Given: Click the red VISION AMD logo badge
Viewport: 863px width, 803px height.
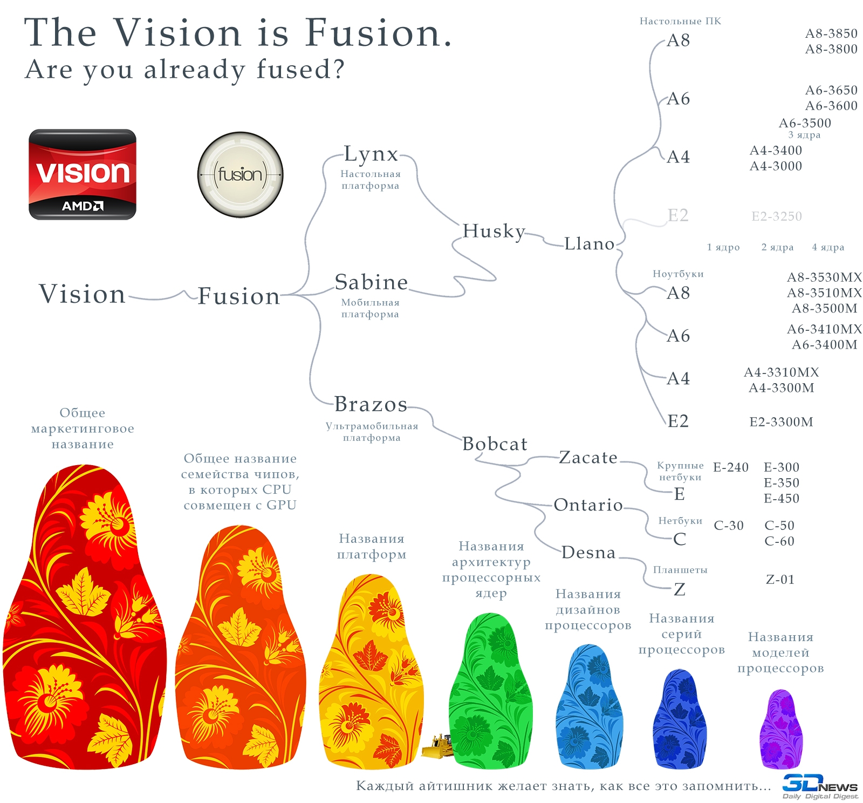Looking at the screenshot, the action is pyautogui.click(x=83, y=174).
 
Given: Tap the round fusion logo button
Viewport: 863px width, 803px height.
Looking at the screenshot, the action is pyautogui.click(x=241, y=175).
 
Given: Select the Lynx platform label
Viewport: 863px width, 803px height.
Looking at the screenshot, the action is pyautogui.click(x=371, y=154).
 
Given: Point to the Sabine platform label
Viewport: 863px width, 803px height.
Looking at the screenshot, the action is pyautogui.click(x=371, y=282).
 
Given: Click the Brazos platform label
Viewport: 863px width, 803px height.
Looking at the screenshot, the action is pyautogui.click(x=371, y=404).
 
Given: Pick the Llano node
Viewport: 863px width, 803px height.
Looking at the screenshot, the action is pyautogui.click(x=590, y=244).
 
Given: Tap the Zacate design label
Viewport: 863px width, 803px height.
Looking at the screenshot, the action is pyautogui.click(x=588, y=458).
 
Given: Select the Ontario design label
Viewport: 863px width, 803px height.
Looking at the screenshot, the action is pyautogui.click(x=588, y=505).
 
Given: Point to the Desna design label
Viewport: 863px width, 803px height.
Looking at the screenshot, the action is pyautogui.click(x=588, y=553).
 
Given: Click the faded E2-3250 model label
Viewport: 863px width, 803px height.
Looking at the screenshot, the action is pyautogui.click(x=777, y=216).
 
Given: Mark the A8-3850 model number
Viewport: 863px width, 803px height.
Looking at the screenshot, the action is pyautogui.click(x=831, y=33).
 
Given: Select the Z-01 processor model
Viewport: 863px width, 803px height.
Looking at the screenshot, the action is pyautogui.click(x=780, y=580).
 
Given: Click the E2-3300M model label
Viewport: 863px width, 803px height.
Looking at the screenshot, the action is pyautogui.click(x=782, y=422).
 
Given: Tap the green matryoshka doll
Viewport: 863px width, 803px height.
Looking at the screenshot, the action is pyautogui.click(x=491, y=690).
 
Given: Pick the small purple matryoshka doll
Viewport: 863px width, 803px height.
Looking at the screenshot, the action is pyautogui.click(x=781, y=729).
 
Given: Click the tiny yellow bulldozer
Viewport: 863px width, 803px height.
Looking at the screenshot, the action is pyautogui.click(x=437, y=746).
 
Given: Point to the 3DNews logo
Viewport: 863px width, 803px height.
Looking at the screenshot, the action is pyautogui.click(x=820, y=786).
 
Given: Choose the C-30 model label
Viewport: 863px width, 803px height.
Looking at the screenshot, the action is pyautogui.click(x=729, y=526).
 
